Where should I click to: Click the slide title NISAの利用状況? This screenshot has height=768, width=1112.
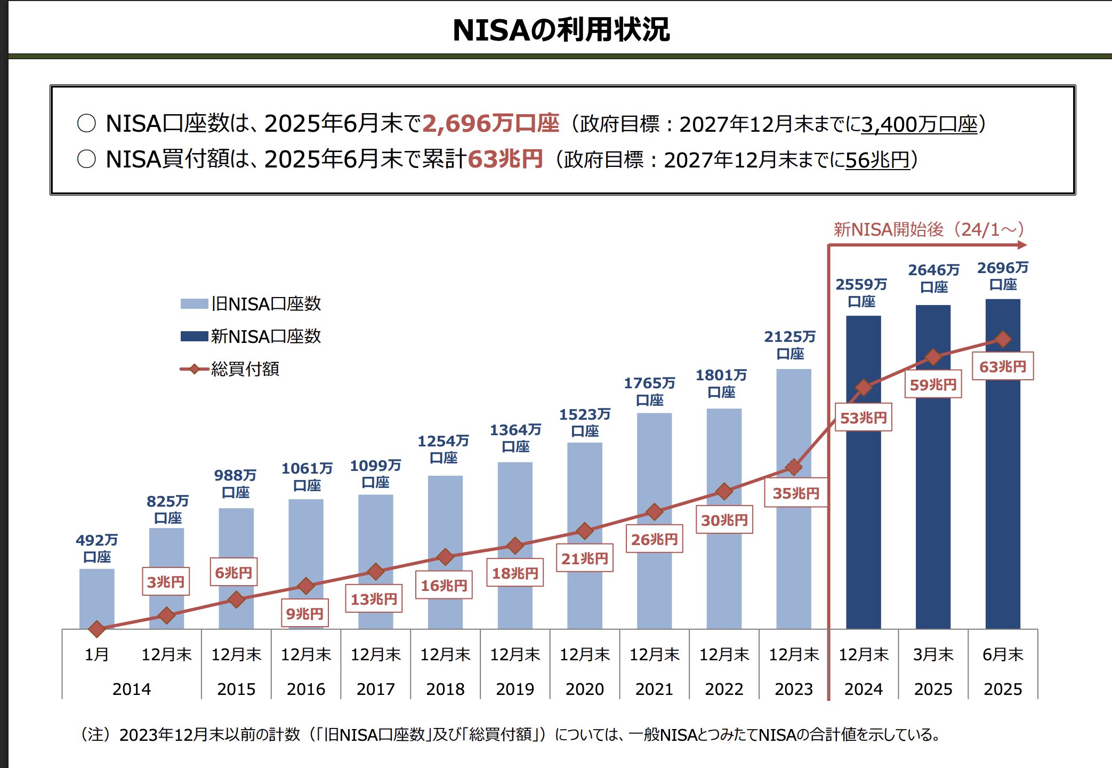coord(561,30)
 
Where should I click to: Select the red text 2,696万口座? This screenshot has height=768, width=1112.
coord(490,124)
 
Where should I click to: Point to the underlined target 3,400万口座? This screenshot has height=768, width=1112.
coord(920,124)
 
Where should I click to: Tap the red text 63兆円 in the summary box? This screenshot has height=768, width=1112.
coord(505,159)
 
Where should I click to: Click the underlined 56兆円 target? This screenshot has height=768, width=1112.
coord(877,159)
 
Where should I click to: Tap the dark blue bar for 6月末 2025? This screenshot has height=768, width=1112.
coord(1002,480)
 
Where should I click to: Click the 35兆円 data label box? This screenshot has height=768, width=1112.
coord(795,493)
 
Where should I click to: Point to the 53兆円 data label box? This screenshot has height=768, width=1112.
coord(863,418)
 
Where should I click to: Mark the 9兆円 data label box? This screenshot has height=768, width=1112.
coord(304,614)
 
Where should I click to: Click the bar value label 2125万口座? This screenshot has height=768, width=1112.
coord(790,345)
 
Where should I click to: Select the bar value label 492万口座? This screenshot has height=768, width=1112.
coord(96,548)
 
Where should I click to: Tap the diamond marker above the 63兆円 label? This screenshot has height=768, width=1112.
coord(1003,339)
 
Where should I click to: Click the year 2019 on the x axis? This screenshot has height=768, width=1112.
coord(514,689)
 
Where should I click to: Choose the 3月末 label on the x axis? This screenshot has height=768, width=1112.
coord(933,654)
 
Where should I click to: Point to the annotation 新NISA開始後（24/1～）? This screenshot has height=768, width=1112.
coord(929,230)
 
